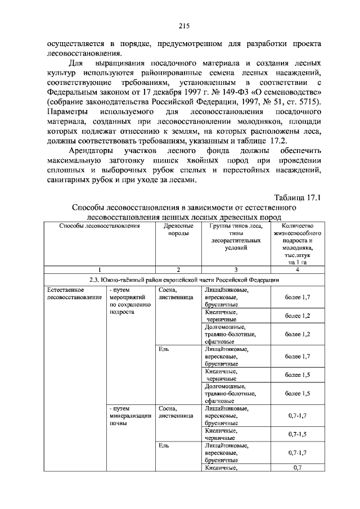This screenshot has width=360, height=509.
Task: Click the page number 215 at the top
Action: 183,25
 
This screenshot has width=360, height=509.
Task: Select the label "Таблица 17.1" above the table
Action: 297,197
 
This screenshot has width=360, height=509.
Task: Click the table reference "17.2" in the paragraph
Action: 278,140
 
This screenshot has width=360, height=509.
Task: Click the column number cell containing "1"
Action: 100,269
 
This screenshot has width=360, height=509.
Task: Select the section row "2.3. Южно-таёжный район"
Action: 184,279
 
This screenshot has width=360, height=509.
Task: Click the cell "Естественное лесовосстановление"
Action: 66,293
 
